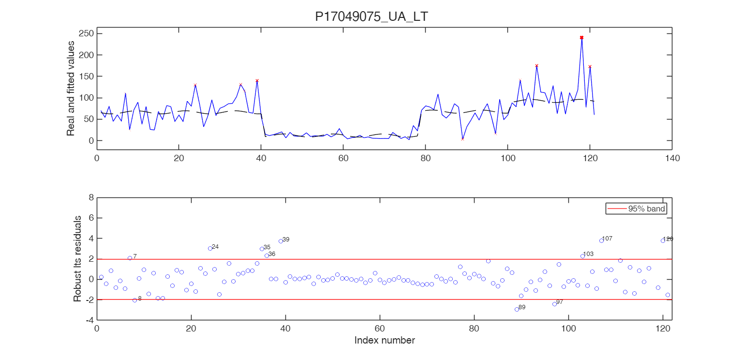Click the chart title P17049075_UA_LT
[371, 16]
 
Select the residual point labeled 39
[281, 241]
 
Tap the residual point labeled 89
[517, 309]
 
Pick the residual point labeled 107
[601, 240]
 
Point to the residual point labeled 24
[210, 248]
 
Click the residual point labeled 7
[130, 258]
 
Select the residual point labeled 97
[554, 304]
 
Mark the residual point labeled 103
[582, 256]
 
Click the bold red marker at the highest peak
[581, 37]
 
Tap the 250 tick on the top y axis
[87, 33]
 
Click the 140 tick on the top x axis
[672, 158]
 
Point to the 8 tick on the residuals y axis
[89, 197]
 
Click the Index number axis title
[384, 340]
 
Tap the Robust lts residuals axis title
[77, 259]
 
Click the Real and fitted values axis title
[71, 88]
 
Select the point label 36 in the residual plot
[272, 254]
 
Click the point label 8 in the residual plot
[140, 299]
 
